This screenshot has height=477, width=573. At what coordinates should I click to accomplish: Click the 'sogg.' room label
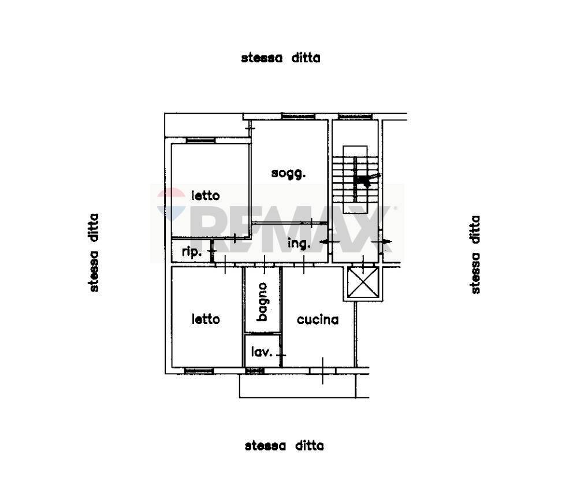click(x=288, y=173)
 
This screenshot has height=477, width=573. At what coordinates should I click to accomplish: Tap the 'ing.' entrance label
click(x=299, y=244)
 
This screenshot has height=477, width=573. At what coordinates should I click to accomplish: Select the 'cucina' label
click(x=317, y=319)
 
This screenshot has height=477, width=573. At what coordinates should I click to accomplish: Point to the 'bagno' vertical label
click(x=262, y=301)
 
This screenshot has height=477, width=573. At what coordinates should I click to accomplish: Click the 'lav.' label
click(x=261, y=351)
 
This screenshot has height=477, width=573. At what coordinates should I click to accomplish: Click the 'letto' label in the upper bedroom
click(x=206, y=196)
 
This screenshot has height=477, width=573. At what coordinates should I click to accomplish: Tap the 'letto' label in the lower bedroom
click(x=206, y=319)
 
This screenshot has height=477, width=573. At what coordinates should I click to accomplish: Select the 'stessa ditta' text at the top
click(x=281, y=58)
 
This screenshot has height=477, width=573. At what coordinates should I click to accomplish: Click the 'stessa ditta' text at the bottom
click(x=284, y=446)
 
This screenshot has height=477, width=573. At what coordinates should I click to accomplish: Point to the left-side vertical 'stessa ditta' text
click(x=94, y=252)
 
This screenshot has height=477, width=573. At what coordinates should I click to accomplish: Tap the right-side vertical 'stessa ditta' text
click(x=475, y=255)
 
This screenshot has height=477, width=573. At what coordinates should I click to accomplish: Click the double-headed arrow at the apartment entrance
click(x=329, y=241)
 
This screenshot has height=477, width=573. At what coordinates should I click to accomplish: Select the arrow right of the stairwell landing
click(x=383, y=241)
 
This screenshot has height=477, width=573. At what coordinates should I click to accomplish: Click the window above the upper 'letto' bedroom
click(x=200, y=140)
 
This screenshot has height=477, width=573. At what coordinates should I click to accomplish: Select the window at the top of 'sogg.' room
click(x=297, y=117)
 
